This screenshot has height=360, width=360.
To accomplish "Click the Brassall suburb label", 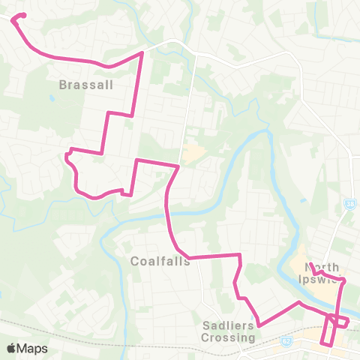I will point(86,85).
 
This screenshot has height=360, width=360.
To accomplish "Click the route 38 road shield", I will point(349,203).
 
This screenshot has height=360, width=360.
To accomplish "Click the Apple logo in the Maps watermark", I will point(12,348).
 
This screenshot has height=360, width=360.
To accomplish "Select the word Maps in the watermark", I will point(33,348).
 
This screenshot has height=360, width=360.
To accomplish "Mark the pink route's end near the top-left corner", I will point(23,15).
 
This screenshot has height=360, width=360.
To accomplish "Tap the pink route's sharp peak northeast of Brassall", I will point(142,53).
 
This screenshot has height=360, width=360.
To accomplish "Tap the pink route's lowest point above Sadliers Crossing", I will point(259,325).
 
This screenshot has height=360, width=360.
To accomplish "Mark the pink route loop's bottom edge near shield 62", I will point(328,344).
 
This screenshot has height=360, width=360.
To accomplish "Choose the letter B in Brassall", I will point(63,85).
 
